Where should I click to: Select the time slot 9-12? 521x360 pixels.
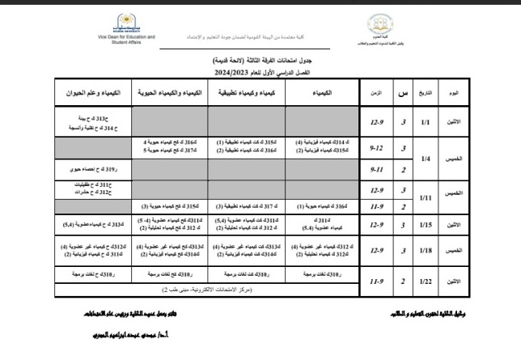375,150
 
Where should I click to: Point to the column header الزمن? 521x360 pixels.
375,93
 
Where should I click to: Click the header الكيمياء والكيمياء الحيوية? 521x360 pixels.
167,93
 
